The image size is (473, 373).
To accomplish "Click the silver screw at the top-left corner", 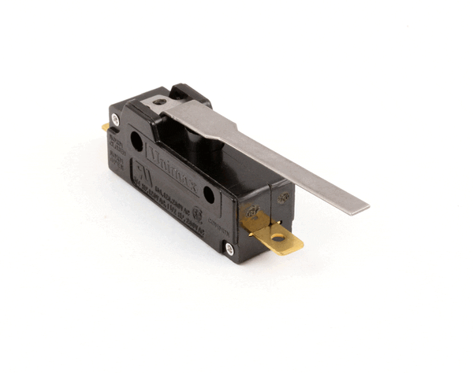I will click(116, 119).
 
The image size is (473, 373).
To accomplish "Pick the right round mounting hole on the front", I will click(208, 193).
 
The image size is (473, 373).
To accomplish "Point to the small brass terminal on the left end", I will click(106, 126).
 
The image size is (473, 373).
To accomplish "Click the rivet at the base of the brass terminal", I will click(251, 212).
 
